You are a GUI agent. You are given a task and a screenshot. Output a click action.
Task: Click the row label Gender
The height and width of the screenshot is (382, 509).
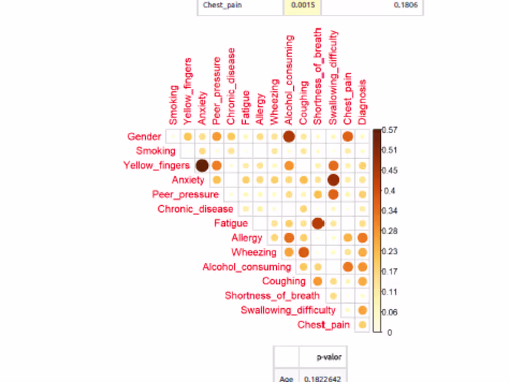click(144, 136)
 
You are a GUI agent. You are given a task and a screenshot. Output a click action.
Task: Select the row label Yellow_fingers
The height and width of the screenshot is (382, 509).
click(156, 166)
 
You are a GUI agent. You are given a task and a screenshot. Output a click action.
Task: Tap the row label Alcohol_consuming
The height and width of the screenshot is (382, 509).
click(247, 267)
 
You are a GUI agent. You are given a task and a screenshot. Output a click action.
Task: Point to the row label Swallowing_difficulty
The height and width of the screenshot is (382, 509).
click(288, 310)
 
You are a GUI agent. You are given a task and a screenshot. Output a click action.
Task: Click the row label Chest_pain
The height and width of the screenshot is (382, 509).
click(323, 325)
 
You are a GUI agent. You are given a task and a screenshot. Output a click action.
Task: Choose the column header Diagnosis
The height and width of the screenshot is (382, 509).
click(362, 102)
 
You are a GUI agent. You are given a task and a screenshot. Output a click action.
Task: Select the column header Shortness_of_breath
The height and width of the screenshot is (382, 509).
click(318, 76)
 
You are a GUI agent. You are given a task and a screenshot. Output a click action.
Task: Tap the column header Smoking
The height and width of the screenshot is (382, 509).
click(174, 105)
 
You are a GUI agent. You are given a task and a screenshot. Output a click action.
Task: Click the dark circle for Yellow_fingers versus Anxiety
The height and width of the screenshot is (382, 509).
click(202, 166)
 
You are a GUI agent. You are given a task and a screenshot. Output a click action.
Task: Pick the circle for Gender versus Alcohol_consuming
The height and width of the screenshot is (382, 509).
click(289, 136)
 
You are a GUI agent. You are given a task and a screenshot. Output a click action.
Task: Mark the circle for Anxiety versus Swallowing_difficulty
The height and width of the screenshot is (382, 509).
click(333, 180)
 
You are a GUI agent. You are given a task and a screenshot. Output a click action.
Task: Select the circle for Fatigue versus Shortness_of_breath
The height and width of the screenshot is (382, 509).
click(318, 223)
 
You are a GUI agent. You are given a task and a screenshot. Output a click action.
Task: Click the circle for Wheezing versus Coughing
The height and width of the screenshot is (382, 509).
click(304, 252)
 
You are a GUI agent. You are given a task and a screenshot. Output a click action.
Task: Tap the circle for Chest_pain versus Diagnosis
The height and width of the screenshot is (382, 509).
click(362, 325)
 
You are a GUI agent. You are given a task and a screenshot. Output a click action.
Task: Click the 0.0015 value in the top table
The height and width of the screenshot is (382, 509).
click(302, 6)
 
